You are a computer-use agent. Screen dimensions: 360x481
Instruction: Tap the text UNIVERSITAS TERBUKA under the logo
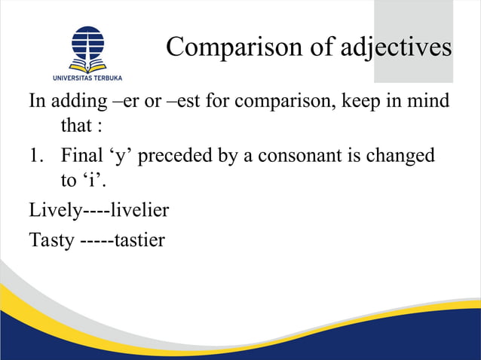tap(87, 78)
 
